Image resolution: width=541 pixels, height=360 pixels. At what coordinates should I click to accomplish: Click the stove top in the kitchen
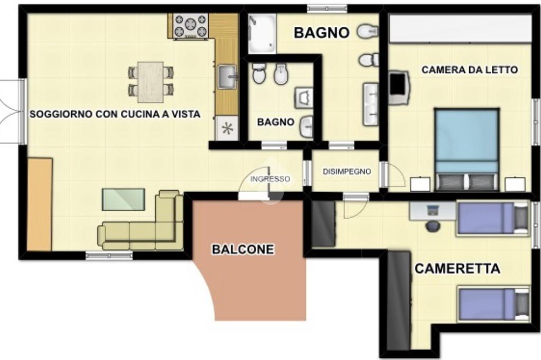coord(191,25)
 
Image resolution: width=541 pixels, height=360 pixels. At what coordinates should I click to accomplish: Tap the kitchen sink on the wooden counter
coord(227,77)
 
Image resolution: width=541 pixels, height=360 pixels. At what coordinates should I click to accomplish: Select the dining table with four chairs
coord(151,82)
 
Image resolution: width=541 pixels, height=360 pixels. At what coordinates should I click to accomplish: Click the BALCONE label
coord(243,249)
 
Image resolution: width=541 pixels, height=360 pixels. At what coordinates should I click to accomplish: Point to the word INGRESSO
coord(270,179)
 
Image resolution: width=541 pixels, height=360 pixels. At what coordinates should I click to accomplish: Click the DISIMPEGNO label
coord(347,172)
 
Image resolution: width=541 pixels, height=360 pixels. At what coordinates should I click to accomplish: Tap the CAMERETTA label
coord(457,268)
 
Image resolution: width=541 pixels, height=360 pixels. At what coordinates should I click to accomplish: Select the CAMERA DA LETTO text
coord(470,70)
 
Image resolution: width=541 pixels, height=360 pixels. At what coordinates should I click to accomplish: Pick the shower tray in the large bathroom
coord(262,33)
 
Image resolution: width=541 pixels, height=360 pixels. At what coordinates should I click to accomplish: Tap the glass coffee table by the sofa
coord(123,200)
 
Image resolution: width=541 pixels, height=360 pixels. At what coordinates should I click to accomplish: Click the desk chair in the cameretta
coord(433,226)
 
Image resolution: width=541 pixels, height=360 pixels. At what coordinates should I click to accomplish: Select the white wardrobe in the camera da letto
coord(460,29)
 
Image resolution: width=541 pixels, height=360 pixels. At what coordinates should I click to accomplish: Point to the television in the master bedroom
coord(398,88)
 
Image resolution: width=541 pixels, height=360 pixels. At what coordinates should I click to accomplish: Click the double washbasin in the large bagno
coord(371,104)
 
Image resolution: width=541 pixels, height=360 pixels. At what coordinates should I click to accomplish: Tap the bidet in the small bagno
coord(281,74)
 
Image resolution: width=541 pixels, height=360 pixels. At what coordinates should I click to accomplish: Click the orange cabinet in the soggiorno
coord(39,204)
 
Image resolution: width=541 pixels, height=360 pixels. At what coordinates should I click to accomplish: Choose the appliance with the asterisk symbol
coord(227,128)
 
